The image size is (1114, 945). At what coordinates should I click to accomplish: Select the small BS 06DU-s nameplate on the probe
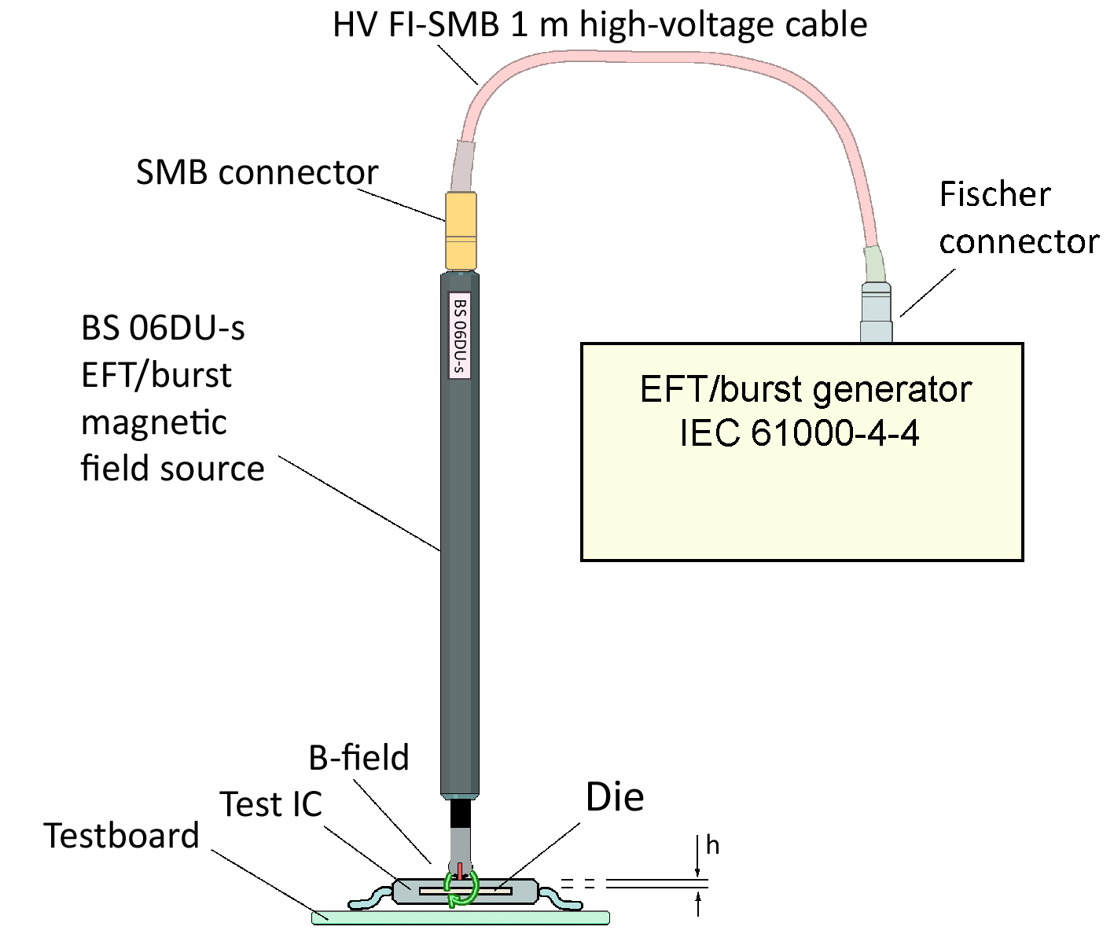point(459,336)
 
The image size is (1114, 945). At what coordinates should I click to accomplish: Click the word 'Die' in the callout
point(615,797)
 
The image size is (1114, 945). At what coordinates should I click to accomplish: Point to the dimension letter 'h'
point(712,845)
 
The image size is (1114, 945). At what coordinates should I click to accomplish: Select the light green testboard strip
point(461,917)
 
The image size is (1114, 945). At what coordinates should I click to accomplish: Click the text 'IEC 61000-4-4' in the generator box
point(800,433)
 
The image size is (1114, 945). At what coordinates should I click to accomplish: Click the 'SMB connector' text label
point(257,172)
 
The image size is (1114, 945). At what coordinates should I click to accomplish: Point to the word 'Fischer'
point(995,194)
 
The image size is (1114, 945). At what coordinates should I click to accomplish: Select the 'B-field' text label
point(358,758)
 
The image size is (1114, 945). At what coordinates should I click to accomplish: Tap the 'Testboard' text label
point(122,836)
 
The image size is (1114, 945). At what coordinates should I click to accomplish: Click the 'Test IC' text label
point(271,804)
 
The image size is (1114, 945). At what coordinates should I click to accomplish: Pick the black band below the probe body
point(460,813)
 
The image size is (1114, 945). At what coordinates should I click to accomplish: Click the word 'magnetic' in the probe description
point(154,422)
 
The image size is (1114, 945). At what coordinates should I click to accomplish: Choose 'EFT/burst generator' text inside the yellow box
point(806,389)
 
